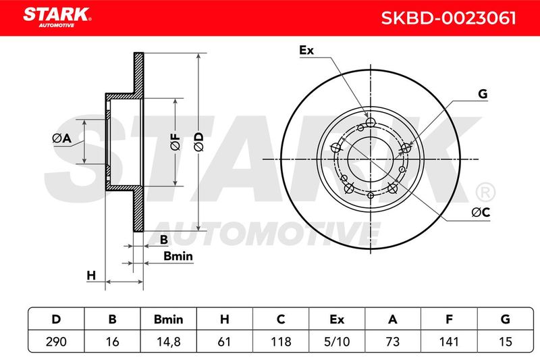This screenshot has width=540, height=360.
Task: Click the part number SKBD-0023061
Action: point(448,18)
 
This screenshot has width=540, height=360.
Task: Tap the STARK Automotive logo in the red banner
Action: point(57,17)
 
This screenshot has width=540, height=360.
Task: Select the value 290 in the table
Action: point(56,342)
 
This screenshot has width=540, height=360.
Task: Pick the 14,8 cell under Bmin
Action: point(168,342)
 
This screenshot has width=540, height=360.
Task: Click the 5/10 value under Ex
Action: point(337,342)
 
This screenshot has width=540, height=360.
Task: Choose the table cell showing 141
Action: point(449,342)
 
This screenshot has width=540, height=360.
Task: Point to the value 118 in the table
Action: point(281,342)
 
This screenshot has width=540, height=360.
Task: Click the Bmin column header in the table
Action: point(168,319)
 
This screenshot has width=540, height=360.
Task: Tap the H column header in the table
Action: point(225,319)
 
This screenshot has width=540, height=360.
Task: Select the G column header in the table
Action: point(505,319)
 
